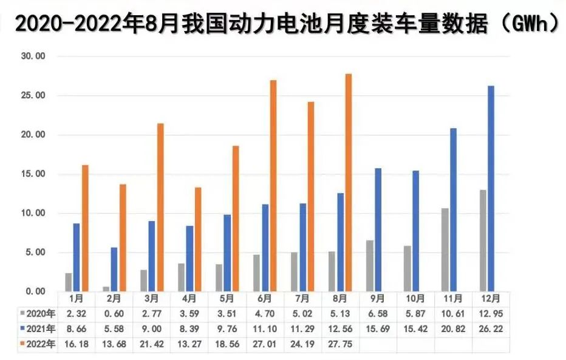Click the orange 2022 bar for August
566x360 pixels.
point(348,182)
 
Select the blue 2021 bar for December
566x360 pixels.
point(491,188)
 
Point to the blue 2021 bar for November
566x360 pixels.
point(453,209)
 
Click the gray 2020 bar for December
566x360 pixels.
point(483,240)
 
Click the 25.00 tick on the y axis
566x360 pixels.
point(33,96)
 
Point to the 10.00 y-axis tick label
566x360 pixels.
point(33,213)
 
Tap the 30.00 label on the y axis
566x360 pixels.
point(33,56)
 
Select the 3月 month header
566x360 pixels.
point(152,299)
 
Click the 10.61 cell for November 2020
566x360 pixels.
point(453,314)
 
